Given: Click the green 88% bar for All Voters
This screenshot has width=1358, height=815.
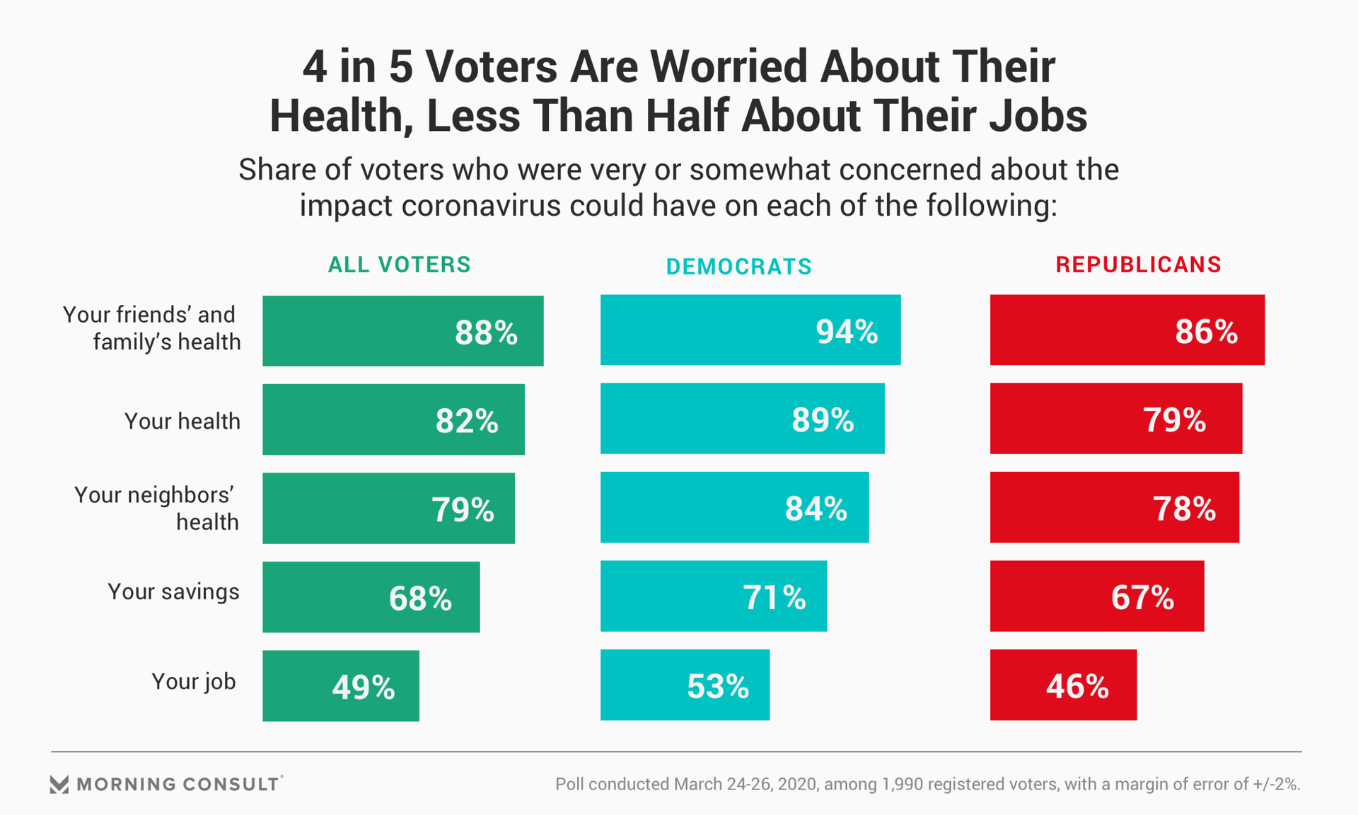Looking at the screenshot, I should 402,331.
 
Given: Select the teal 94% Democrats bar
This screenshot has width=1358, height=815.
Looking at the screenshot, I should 750,330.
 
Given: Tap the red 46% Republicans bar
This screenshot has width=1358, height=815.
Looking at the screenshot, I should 1063,685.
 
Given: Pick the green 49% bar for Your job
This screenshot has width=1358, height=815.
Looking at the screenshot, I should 340,686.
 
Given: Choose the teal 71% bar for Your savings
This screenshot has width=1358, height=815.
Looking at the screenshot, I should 713,596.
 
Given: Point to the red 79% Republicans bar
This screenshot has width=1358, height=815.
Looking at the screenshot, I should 1115,418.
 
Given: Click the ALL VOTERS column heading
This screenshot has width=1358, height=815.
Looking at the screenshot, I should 399,265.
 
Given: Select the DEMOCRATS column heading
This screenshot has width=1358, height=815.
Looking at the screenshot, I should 738,267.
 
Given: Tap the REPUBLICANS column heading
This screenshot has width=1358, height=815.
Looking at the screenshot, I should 1138,265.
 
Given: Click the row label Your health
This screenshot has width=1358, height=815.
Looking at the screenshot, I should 182,421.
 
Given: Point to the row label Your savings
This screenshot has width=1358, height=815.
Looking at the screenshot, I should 173,591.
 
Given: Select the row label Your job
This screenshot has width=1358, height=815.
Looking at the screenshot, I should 193,681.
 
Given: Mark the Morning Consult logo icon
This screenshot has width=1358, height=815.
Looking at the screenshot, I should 59,784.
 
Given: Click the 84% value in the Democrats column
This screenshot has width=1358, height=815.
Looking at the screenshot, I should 816,509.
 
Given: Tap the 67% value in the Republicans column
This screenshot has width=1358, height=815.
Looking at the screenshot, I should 1142,597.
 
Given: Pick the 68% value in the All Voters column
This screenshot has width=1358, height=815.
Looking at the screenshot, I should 420,599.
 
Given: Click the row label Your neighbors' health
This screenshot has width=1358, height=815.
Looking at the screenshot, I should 156,508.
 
